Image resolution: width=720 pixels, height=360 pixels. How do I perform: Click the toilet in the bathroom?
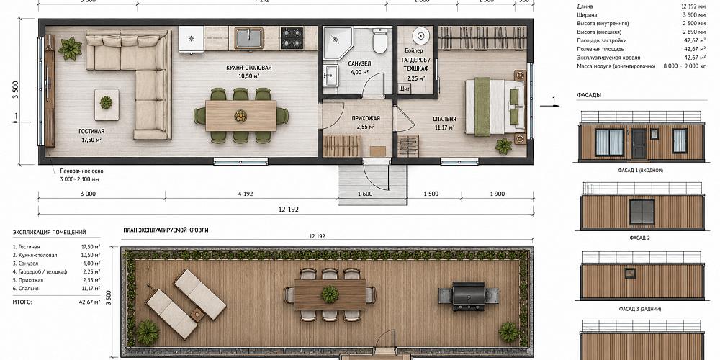tap(379, 41)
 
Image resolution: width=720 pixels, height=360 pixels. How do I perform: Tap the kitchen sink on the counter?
tap(249, 38)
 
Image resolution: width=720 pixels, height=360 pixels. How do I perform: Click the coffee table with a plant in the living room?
tap(107, 104)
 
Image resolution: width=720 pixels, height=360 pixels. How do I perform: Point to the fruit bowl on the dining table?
tap(240, 116)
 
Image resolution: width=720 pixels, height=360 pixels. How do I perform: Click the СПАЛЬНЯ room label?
tap(444, 119)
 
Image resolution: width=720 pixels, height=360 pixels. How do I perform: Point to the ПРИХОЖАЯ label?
tap(366, 118)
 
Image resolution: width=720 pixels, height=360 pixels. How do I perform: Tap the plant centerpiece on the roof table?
tap(330, 294)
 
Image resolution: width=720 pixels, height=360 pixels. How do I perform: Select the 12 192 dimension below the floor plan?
tap(289, 210)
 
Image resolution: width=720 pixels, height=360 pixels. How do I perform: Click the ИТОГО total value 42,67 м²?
tap(90, 302)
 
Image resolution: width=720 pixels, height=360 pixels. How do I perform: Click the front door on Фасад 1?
tap(639, 144)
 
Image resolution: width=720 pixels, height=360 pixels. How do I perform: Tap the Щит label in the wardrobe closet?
tap(405, 88)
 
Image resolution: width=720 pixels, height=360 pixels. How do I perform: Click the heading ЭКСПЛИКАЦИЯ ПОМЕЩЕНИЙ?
tap(49, 233)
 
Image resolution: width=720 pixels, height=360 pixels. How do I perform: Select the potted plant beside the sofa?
tap(70, 48)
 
